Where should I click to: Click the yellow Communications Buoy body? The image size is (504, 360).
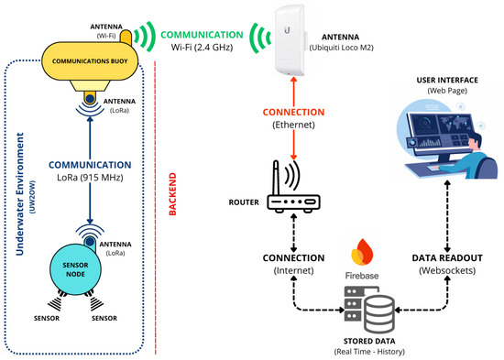[90, 61]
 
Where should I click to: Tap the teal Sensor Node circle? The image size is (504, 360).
[75, 269]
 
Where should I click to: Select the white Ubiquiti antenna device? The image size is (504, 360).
[290, 40]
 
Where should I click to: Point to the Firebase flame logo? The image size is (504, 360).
[362, 252]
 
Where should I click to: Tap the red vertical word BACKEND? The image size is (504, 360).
[172, 194]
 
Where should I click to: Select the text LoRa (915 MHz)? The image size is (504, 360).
[90, 178]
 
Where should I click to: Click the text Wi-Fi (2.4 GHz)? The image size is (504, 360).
[202, 48]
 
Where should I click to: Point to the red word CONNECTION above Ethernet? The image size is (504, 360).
[293, 112]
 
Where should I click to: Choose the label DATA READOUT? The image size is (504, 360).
[447, 258]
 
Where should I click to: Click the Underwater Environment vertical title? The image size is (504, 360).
[20, 194]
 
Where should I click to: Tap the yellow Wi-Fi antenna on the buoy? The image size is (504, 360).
[126, 38]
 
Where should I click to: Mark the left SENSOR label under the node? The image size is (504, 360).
[47, 318]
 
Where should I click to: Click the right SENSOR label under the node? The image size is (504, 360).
[104, 318]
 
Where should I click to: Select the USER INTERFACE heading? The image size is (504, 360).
[447, 80]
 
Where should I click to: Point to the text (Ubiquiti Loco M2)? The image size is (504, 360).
[342, 48]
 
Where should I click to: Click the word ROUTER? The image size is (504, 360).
[244, 202]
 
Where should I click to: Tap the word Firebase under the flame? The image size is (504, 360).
[362, 276]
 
